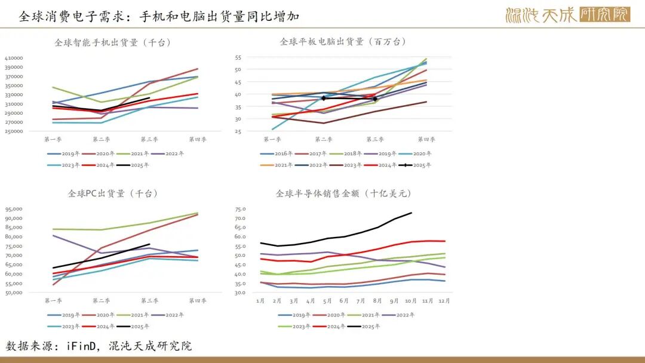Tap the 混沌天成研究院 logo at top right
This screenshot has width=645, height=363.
pos(567,15)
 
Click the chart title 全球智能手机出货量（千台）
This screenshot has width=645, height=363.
pos(113,42)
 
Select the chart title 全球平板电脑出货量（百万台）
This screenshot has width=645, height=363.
pos(343,42)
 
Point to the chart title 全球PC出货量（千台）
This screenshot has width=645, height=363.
pos(105,193)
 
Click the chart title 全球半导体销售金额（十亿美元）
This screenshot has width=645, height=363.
pos(343,193)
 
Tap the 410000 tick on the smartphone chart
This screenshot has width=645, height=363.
pos(14,58)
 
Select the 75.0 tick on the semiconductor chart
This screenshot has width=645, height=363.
pos(241,209)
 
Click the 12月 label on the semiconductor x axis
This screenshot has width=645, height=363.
pos(444,301)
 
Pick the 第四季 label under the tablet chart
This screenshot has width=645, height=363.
pos(426,140)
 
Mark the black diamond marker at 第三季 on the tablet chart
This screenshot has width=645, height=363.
pos(375,99)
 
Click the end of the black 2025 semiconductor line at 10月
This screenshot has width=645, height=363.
pos(411,213)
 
